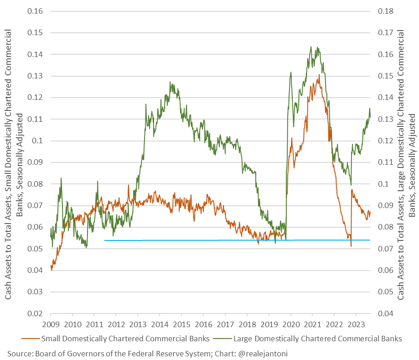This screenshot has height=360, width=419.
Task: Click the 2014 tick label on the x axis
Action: [x=159, y=324]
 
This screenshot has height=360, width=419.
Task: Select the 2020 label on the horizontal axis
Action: [x=290, y=324]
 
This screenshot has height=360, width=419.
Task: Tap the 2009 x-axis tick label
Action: [x=50, y=324]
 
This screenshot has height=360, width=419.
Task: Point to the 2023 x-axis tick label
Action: [x=356, y=324]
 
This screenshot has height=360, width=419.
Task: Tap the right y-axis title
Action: [x=406, y=162]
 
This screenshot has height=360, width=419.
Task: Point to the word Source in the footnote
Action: [x=19, y=353]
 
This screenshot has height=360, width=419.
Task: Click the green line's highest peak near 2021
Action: [x=310, y=47]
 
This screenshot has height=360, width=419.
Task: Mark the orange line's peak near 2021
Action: [x=319, y=75]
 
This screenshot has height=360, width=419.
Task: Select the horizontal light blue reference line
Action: [x=228, y=240]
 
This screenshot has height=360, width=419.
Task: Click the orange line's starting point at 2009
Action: [x=51, y=266]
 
